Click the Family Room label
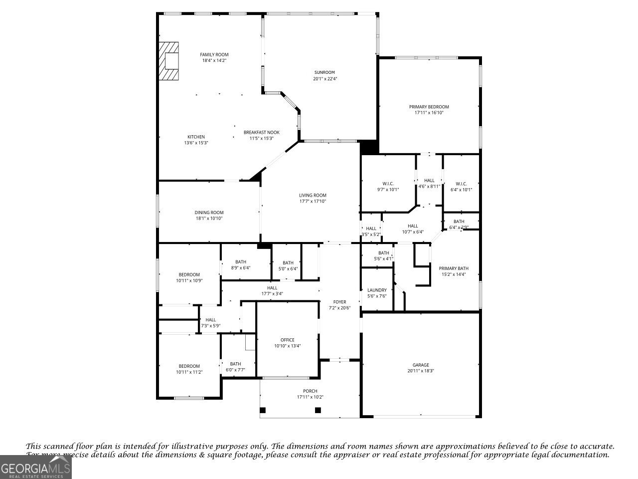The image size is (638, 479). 214,54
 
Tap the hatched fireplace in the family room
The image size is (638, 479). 168,61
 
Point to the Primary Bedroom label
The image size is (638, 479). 429,107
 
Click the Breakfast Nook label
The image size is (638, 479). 261,132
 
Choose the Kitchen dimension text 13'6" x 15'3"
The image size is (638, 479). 196,143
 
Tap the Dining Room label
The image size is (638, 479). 209,212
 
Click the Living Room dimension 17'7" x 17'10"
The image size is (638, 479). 313,202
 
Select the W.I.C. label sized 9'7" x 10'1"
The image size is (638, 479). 388,183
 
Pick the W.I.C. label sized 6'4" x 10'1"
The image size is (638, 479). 461,183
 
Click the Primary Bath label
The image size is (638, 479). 454,268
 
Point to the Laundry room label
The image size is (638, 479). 377,290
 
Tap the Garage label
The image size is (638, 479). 421,365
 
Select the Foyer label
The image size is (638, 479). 339,302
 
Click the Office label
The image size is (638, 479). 287,340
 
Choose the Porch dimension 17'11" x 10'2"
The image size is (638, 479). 310,397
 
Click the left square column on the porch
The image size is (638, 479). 263,410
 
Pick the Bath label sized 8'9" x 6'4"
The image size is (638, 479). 241,261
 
